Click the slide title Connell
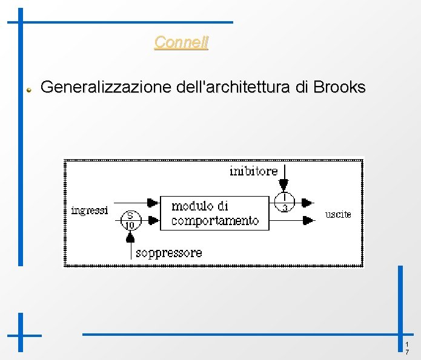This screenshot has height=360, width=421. tap(181, 42)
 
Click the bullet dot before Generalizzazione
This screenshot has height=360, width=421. tap(28, 88)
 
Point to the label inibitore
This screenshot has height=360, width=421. tap(253, 171)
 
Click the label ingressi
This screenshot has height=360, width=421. tap(90, 211)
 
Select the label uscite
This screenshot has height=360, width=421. tap(338, 214)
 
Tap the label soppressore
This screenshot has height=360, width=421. tap(169, 253)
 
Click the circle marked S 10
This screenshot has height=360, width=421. tap(130, 219)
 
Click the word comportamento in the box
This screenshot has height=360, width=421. tap(215, 221)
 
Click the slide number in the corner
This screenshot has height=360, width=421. tap(407, 348)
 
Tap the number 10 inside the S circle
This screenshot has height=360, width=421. tap(130, 224)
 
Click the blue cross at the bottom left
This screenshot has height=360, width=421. tap(21, 334)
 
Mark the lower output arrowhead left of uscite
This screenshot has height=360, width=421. tap(308, 220)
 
